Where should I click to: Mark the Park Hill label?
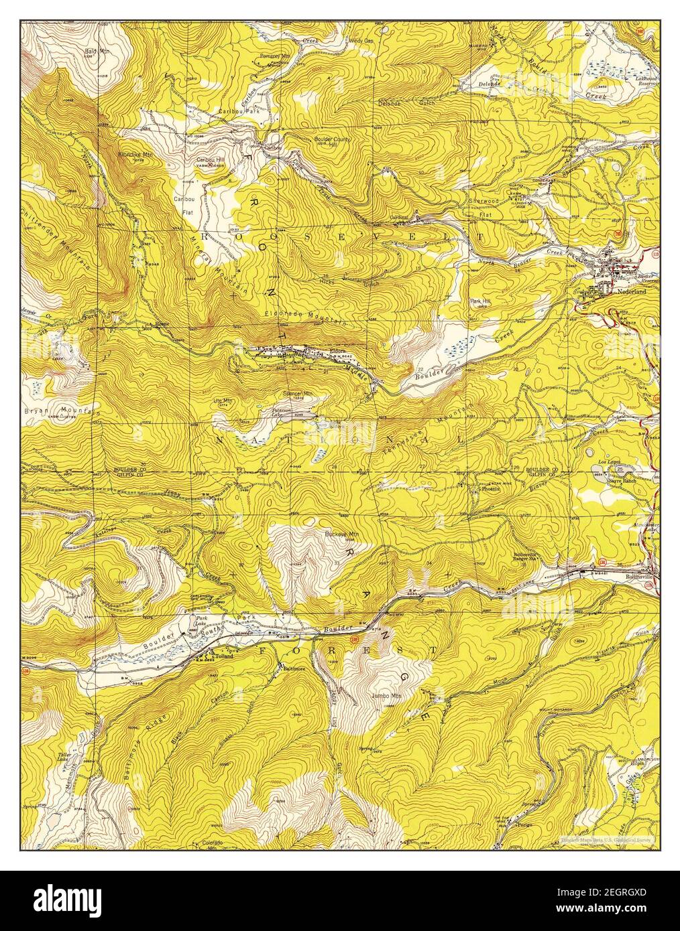click(x=480, y=301)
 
